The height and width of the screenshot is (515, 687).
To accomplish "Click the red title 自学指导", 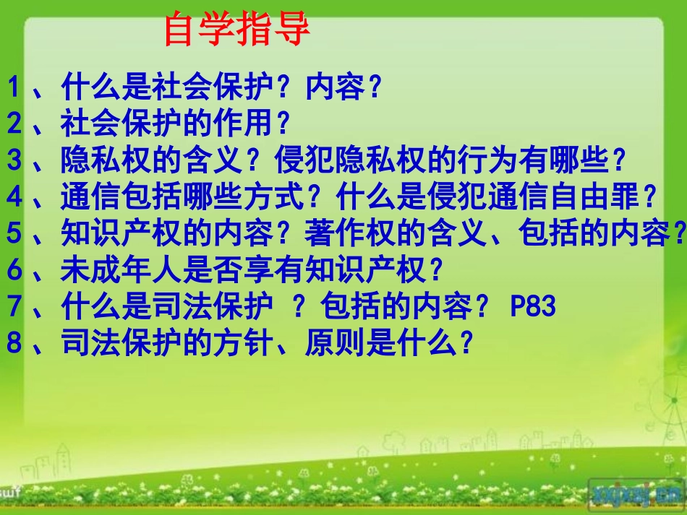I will click(237, 30).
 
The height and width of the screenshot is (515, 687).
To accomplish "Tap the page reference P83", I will click(534, 307).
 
